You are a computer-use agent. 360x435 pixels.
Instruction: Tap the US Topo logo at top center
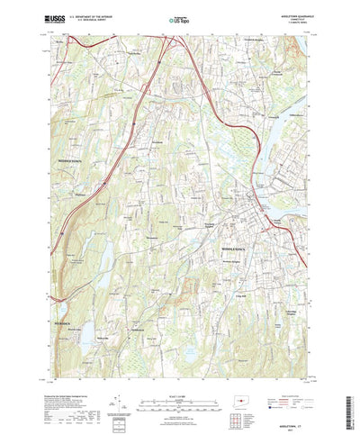(x=179, y=19)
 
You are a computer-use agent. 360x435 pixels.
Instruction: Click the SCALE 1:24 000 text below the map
(x=179, y=366)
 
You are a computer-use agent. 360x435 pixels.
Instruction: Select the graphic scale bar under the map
(x=179, y=375)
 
